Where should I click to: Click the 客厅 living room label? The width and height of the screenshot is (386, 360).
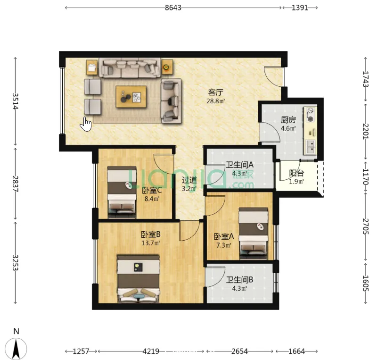(216, 92)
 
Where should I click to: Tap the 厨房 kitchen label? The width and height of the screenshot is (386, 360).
(288, 120)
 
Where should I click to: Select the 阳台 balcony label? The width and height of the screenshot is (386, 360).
(296, 173)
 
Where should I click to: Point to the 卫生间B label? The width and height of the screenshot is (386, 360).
(239, 280)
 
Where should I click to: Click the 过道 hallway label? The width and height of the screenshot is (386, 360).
(189, 180)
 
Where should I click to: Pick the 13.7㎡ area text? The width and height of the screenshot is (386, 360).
(151, 243)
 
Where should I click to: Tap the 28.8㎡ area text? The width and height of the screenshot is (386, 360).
(216, 101)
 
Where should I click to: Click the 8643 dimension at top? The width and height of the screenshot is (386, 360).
(173, 8)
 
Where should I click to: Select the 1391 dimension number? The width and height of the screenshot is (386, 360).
(300, 8)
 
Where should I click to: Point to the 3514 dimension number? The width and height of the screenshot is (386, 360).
(15, 101)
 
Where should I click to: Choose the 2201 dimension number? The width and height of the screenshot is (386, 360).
(366, 131)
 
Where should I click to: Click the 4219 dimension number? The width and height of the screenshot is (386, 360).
(151, 351)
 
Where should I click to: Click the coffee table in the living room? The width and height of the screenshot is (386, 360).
(131, 97)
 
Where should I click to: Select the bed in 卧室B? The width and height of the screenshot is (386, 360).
(139, 279)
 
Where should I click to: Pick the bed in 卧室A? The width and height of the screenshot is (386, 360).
(253, 234)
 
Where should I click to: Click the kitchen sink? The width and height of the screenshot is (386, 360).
(311, 147)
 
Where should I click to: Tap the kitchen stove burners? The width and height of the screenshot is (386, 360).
(311, 114)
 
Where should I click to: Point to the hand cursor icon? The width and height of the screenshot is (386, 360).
(86, 124)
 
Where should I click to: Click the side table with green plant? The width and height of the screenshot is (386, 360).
(167, 67)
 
